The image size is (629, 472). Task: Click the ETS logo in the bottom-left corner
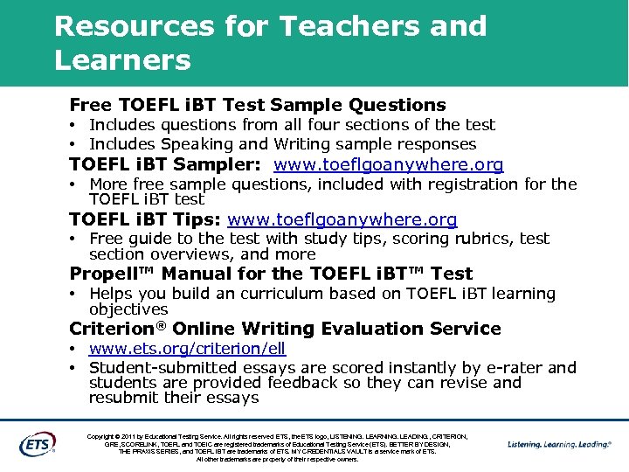[37, 443]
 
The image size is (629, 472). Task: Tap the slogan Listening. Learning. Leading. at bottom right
[558, 444]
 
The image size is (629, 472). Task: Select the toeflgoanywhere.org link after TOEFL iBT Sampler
[388, 165]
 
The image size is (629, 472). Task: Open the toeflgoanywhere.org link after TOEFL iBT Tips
[342, 220]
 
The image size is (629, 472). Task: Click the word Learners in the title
[121, 61]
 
